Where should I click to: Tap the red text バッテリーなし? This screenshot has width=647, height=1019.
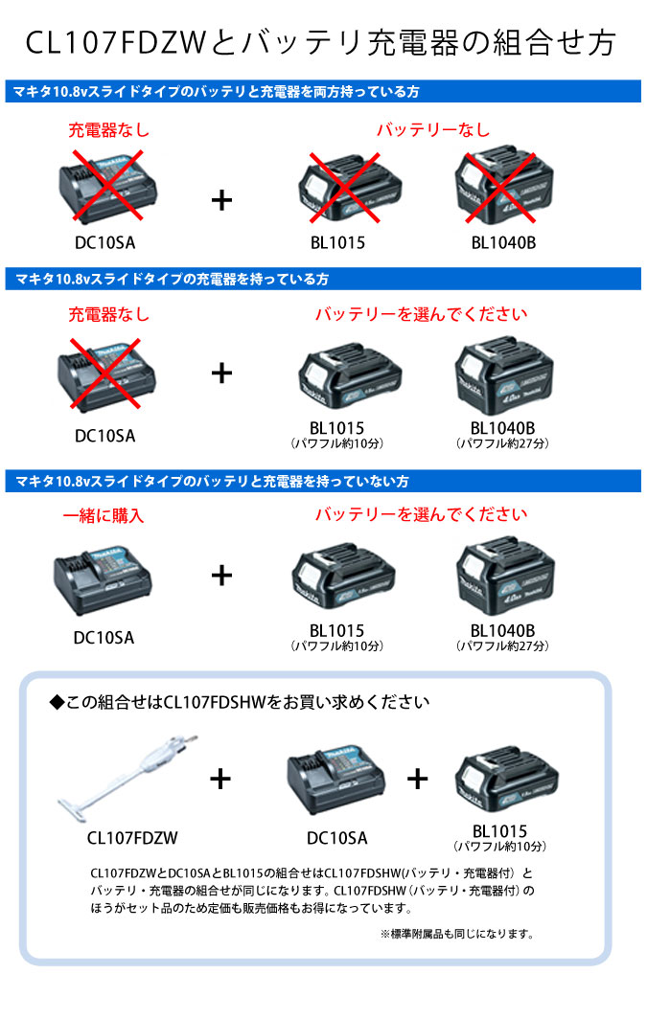point(432,129)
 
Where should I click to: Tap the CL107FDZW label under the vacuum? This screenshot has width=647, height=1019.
point(132,838)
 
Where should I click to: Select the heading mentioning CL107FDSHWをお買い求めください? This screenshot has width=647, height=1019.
point(240,702)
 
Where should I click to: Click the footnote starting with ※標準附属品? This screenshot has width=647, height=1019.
point(456,934)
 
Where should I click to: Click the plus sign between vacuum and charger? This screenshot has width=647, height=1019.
point(220,779)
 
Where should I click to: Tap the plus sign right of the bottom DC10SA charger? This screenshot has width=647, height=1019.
point(417,779)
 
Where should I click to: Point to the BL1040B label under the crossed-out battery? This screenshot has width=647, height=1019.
point(503,243)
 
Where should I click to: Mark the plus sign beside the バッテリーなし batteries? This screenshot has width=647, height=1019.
point(221,199)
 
